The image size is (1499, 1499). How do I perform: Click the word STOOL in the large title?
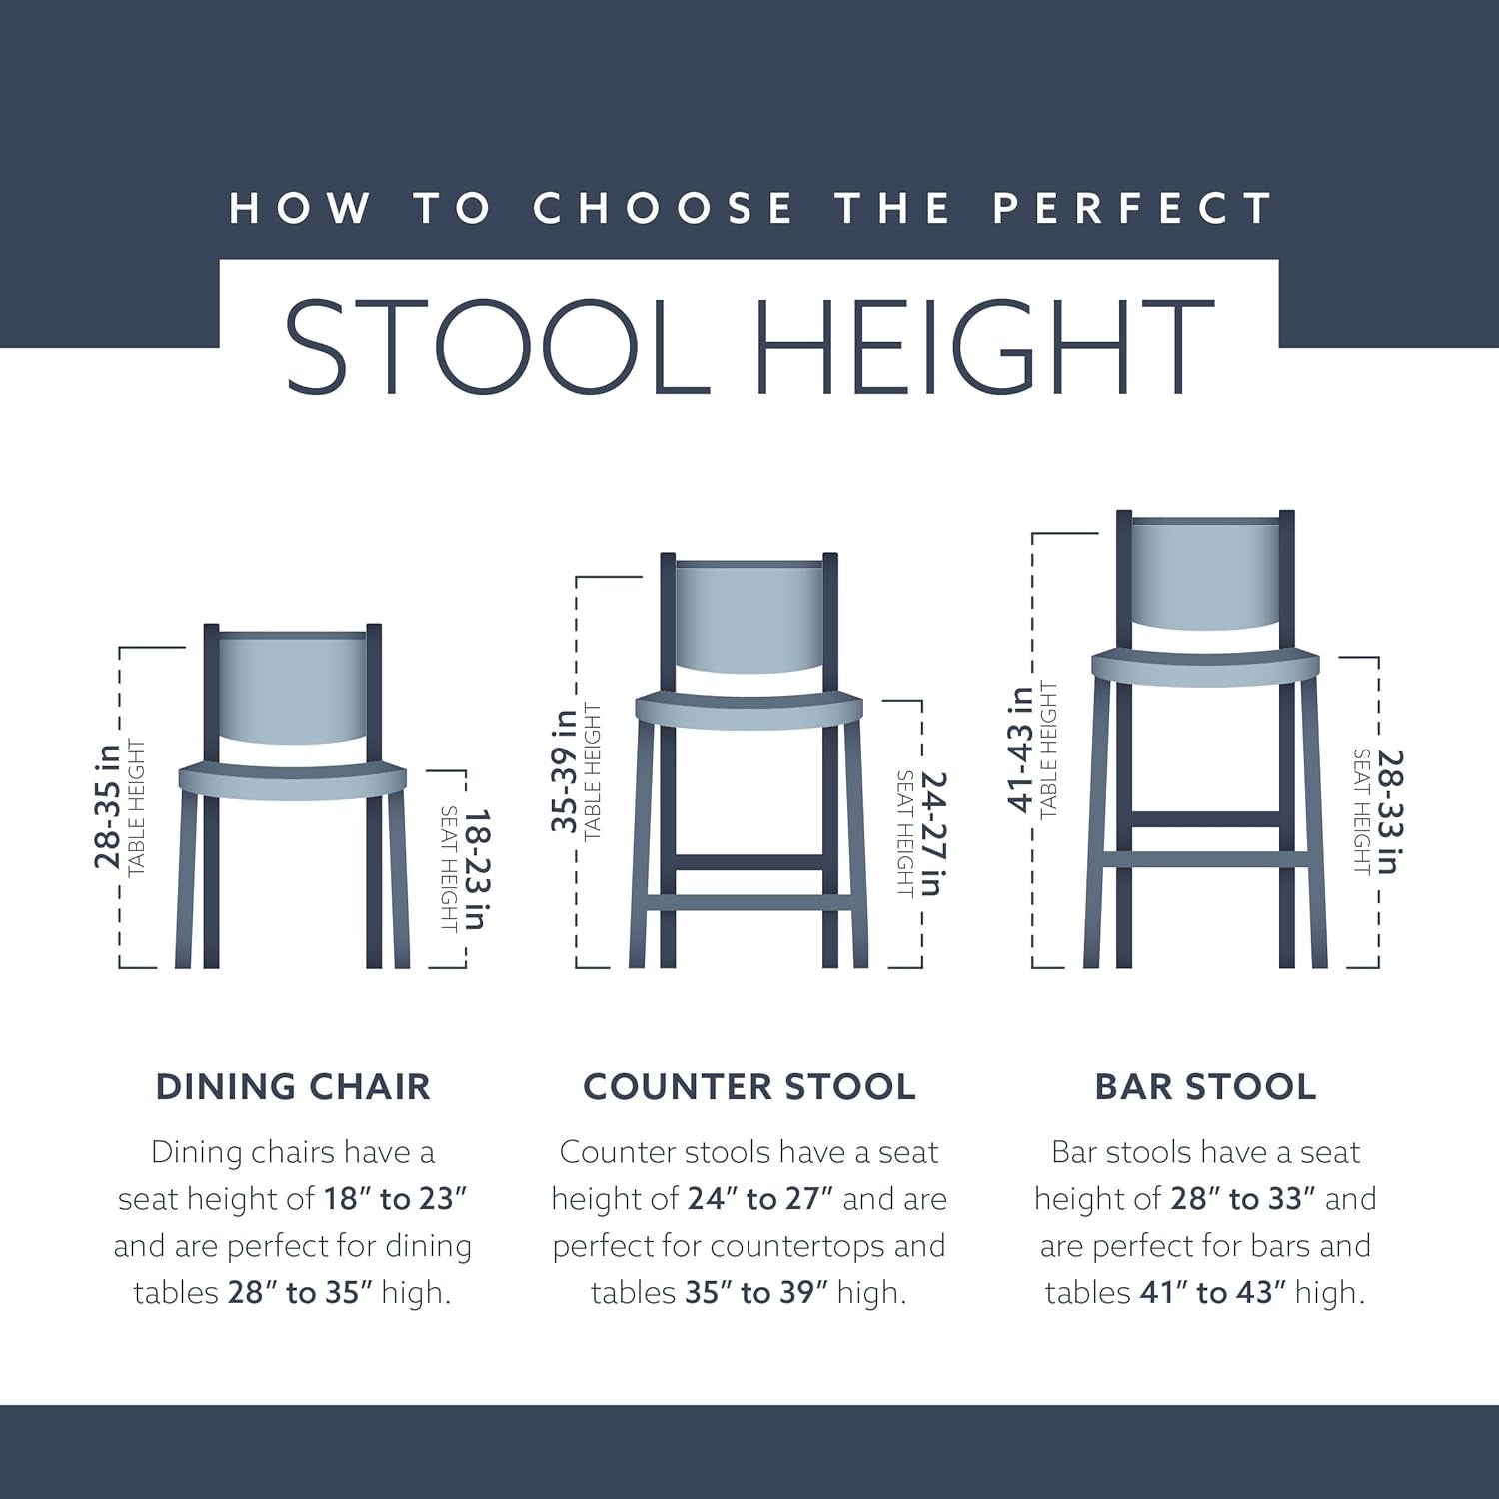click(497, 345)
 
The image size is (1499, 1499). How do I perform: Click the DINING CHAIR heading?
click(293, 1086)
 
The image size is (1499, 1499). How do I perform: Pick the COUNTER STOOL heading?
click(749, 1086)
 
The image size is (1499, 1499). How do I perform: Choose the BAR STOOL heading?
click(1205, 1086)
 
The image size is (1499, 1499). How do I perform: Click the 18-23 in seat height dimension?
click(474, 869)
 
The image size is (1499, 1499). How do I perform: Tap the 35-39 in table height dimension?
click(565, 770)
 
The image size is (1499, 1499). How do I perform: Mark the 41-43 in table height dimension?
click(1020, 749)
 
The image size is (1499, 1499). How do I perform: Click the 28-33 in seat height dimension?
click(1389, 811)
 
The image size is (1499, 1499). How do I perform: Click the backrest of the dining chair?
click(293, 688)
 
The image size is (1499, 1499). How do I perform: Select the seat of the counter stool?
click(749, 708)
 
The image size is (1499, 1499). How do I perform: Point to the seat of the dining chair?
click(293, 780)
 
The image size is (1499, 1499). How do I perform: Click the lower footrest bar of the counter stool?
click(749, 903)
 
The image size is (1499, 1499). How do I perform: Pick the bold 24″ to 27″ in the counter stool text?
click(760, 1198)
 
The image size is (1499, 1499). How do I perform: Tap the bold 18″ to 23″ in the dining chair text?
click(395, 1198)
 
